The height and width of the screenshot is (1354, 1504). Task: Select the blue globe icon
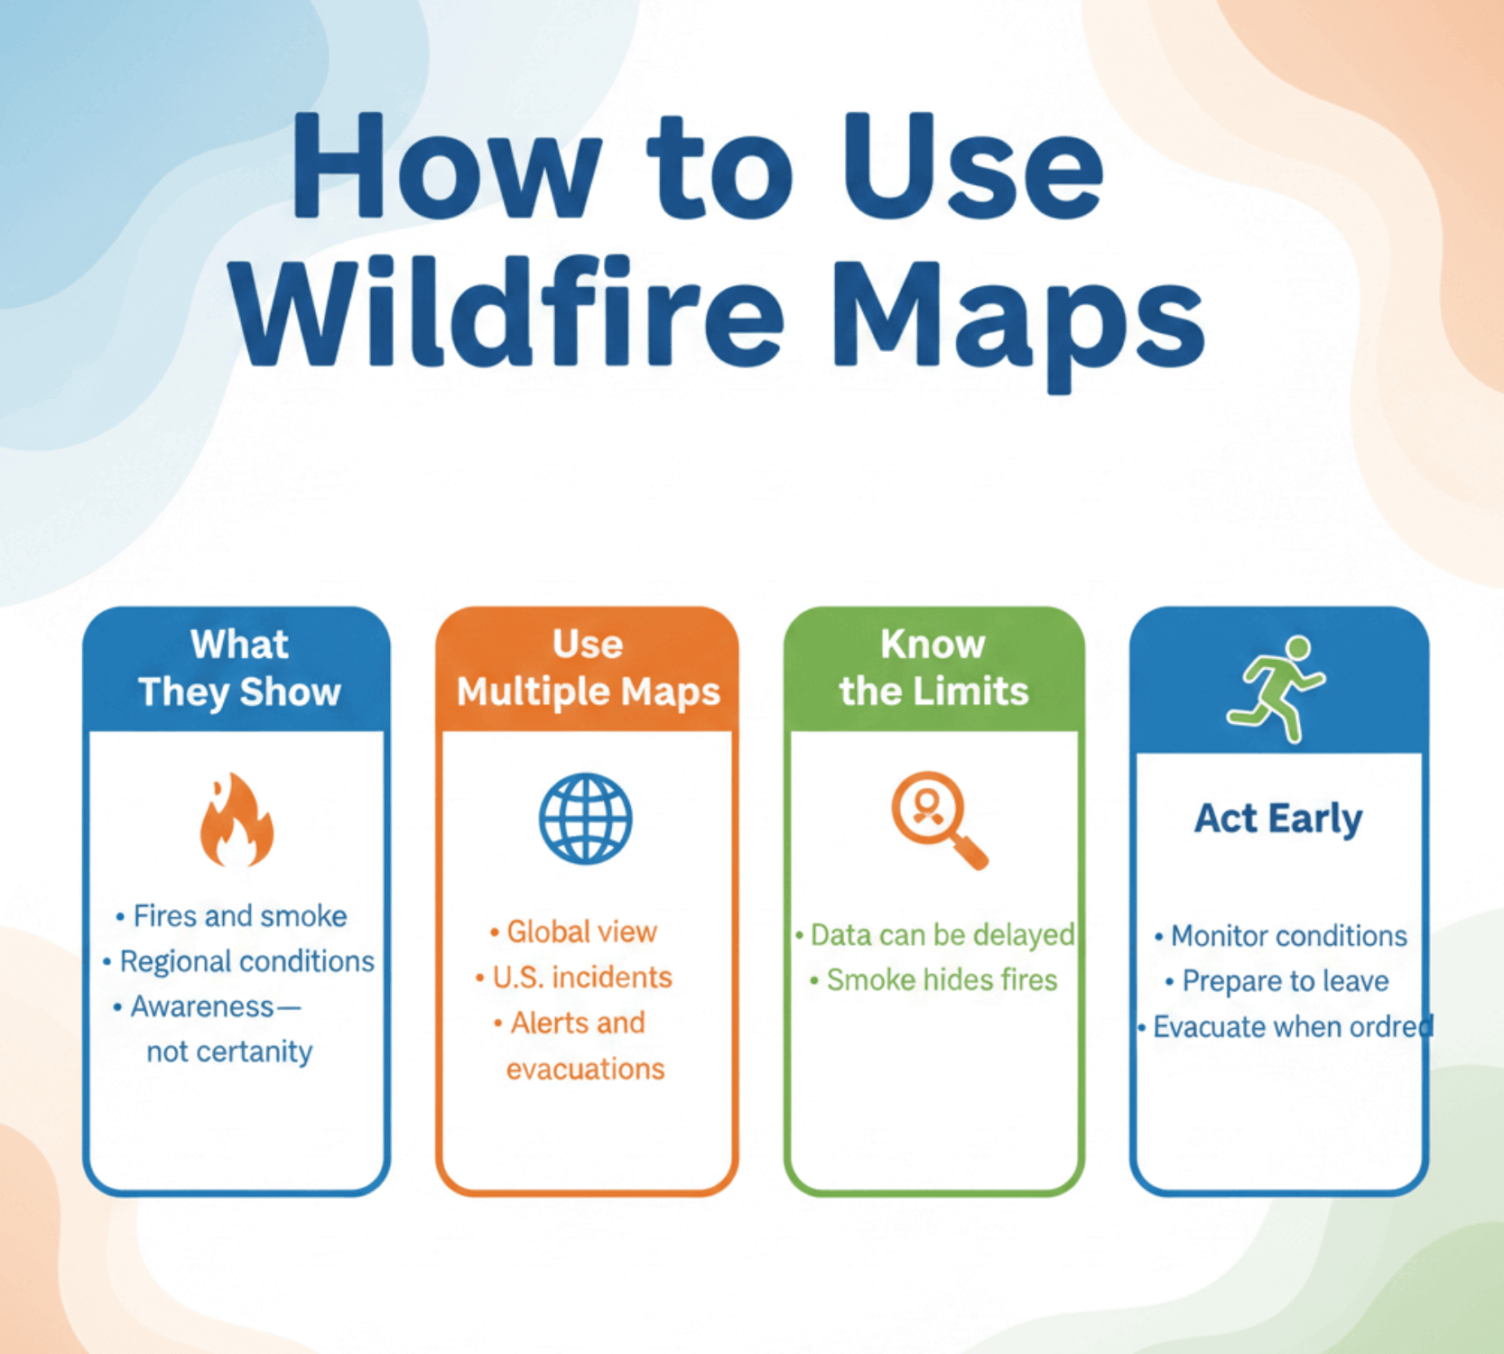(x=586, y=819)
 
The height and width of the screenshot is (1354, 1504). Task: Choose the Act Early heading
(x=1278, y=819)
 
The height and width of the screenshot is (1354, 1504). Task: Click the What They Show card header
(x=239, y=669)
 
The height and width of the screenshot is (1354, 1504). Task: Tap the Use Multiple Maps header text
(x=588, y=669)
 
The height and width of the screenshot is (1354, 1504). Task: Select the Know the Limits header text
(x=933, y=669)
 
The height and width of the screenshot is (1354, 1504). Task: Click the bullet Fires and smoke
(x=240, y=916)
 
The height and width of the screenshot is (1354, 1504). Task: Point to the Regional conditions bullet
(x=246, y=961)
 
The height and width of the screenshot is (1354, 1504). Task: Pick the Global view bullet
(x=581, y=932)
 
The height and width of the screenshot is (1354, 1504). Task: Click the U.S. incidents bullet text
(x=582, y=978)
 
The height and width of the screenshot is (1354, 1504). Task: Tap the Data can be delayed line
(x=942, y=935)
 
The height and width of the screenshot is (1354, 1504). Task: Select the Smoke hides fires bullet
(x=942, y=980)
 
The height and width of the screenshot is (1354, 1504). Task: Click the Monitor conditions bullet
(x=1288, y=936)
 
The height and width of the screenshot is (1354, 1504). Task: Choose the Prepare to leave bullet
(x=1286, y=981)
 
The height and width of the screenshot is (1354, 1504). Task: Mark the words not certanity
(x=229, y=1052)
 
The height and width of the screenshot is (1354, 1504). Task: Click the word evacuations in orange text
(x=585, y=1070)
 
